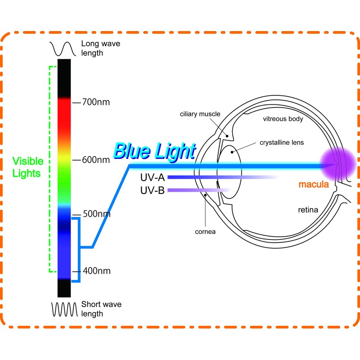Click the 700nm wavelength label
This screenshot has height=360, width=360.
(x=96, y=102)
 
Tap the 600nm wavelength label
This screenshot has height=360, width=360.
(x=96, y=160)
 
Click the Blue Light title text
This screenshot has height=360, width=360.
(x=154, y=151)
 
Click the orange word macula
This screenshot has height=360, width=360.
(x=314, y=184)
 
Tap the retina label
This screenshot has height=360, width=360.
(x=308, y=210)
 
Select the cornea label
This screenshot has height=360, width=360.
(x=205, y=232)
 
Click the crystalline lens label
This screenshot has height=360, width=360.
(x=282, y=143)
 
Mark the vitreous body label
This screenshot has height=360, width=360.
(x=283, y=119)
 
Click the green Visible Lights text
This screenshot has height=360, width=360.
(x=27, y=167)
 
